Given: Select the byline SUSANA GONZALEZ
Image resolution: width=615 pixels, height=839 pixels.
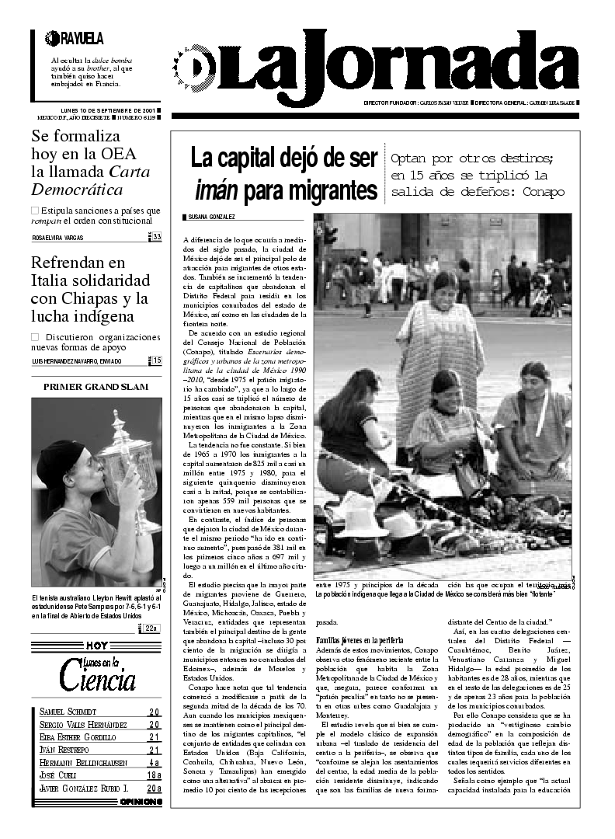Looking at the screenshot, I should (x=209, y=217).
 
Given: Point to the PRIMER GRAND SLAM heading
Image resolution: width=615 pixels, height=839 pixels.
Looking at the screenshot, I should (x=96, y=386).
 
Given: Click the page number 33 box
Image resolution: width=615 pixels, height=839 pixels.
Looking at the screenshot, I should (x=157, y=237).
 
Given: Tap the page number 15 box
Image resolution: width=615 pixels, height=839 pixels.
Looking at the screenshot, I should (x=157, y=360).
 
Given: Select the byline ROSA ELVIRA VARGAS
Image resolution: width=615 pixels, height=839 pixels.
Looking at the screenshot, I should (x=57, y=238).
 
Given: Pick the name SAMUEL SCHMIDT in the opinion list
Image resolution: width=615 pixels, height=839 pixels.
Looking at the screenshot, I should (x=68, y=712).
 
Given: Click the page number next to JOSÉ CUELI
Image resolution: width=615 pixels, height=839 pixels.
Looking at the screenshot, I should (x=154, y=775).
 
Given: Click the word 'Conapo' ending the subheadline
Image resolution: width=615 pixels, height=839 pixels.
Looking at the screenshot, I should (x=540, y=192).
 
